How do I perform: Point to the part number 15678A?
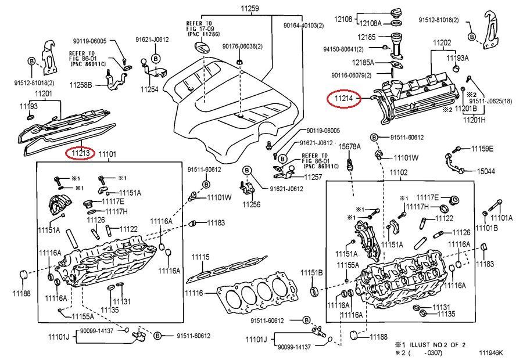(350, 146)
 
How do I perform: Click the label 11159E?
(482, 149)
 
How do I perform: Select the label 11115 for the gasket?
(200, 257)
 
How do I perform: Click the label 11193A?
(457, 58)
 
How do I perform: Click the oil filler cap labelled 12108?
(402, 11)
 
